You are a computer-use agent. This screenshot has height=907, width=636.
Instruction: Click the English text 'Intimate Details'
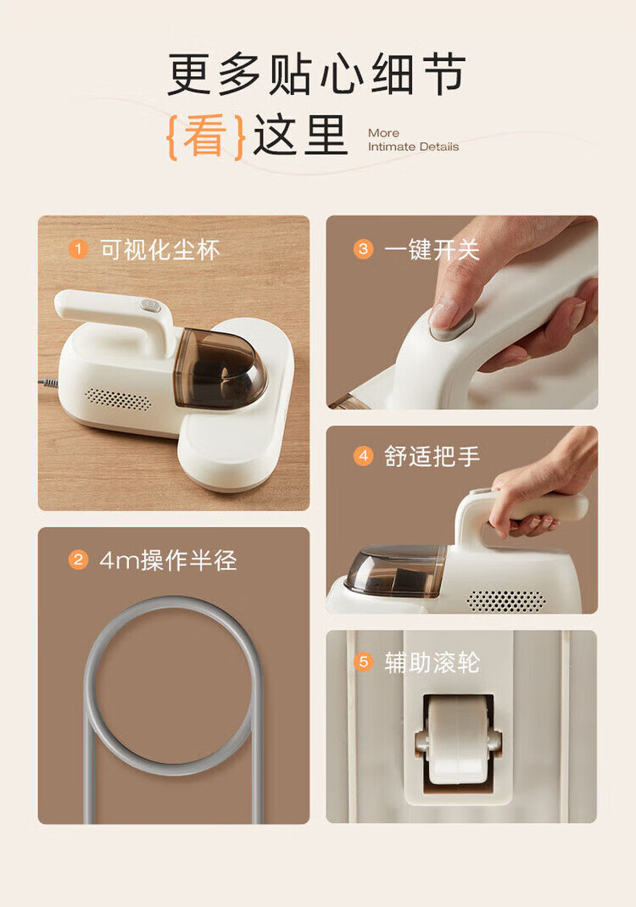click(413, 147)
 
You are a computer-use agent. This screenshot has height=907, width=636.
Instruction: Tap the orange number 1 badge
click(78, 249)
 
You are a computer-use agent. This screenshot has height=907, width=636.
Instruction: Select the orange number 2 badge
click(78, 560)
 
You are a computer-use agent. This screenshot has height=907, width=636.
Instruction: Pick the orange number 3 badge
click(364, 249)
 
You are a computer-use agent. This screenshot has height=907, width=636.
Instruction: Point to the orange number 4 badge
click(364, 456)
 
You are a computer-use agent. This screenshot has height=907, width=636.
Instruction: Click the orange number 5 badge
click(364, 661)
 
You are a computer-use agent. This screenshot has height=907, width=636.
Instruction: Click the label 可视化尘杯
click(160, 250)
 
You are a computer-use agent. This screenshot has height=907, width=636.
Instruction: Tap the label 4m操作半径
click(168, 560)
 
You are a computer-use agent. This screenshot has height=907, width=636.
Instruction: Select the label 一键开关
click(432, 250)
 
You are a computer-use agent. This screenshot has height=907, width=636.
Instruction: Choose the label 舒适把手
click(432, 456)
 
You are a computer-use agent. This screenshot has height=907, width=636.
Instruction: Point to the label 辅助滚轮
click(432, 662)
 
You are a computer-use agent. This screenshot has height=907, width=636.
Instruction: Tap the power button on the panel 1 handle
click(150, 304)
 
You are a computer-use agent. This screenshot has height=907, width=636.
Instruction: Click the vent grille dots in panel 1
click(118, 398)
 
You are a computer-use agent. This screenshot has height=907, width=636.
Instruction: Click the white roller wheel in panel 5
click(458, 739)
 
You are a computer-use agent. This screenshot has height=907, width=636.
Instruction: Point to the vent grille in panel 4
click(506, 601)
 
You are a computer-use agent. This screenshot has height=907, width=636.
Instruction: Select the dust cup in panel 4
click(396, 570)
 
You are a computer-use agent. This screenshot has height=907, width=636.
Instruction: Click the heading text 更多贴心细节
click(316, 74)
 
